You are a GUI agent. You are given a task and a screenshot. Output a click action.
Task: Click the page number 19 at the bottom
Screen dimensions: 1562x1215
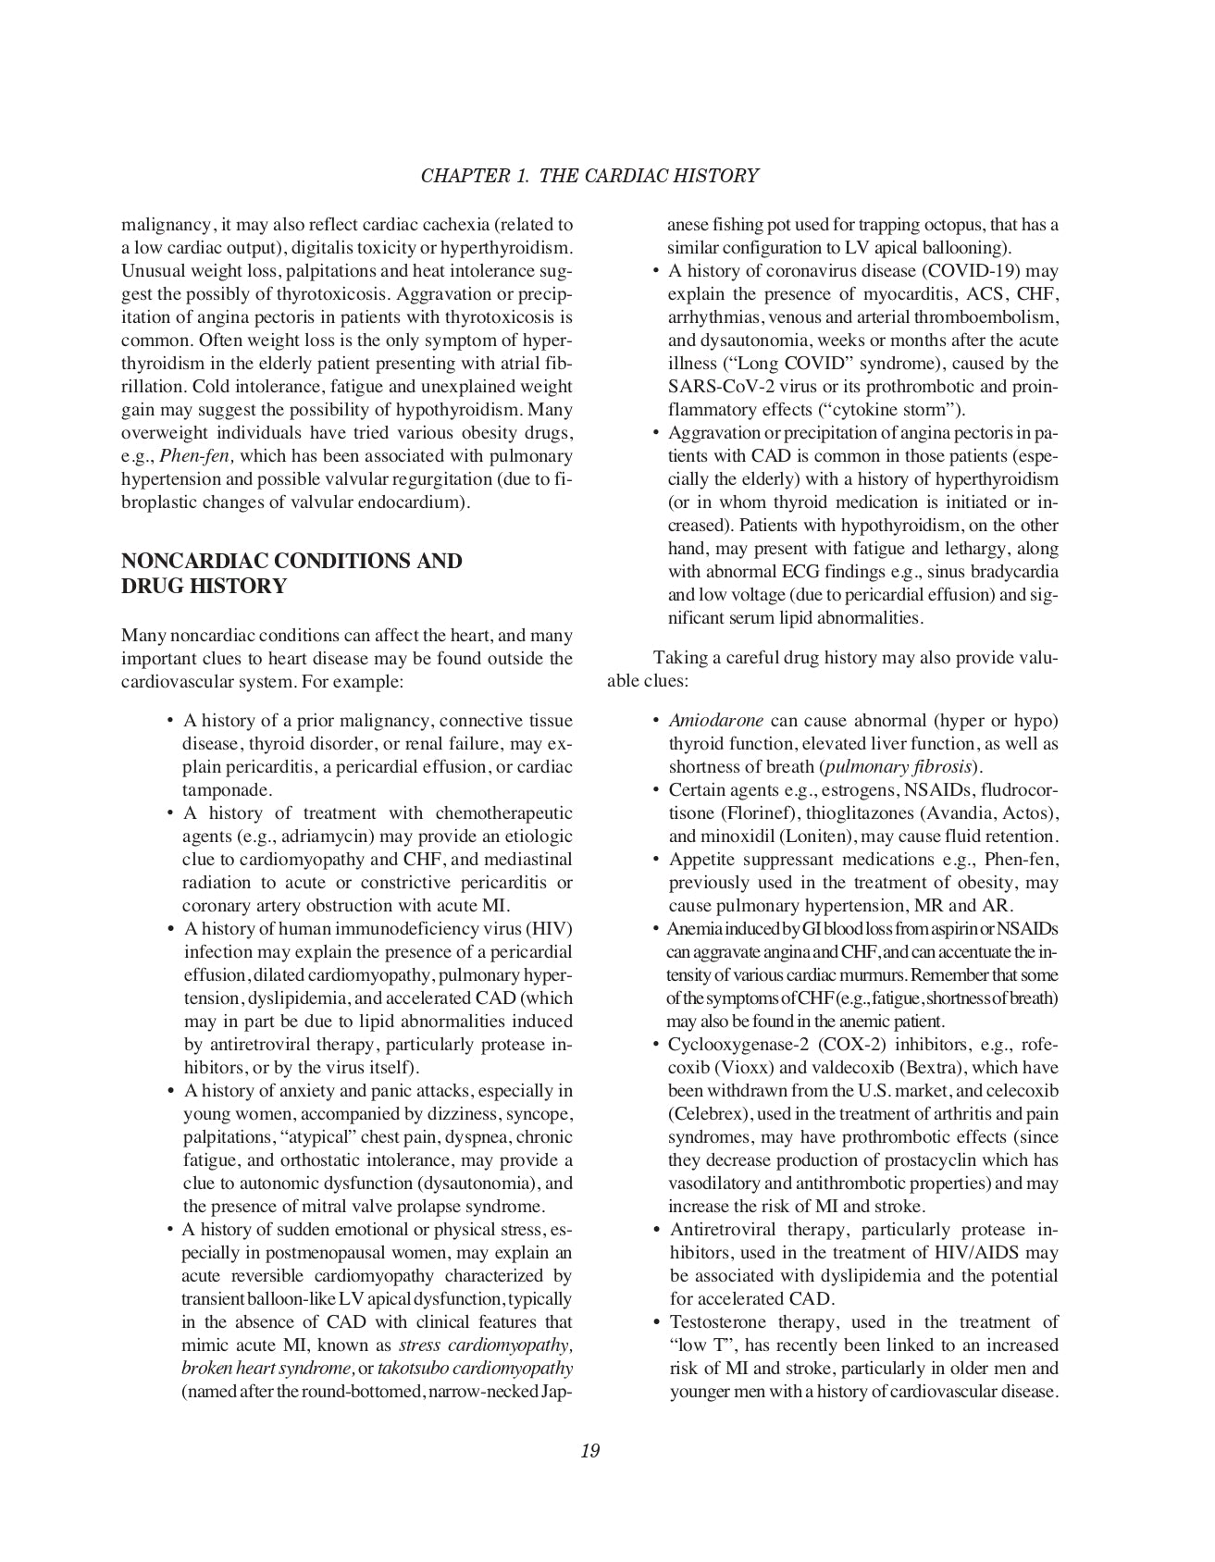tap(590, 1451)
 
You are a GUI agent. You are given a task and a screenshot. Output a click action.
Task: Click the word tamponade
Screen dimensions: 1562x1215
tap(227, 790)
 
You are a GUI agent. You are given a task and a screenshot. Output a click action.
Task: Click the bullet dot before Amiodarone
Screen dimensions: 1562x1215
tap(656, 721)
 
